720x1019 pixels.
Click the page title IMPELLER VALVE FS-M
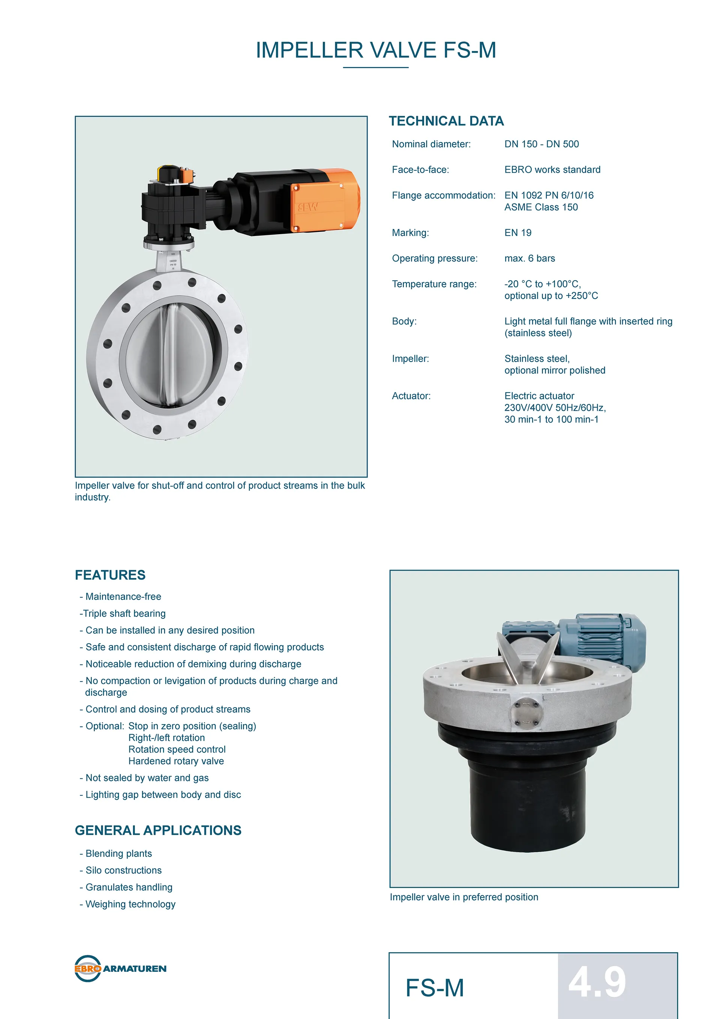pos(376,50)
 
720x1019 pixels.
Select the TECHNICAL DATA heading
pos(446,121)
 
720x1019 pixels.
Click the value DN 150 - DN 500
pos(541,144)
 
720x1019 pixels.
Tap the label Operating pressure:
pos(434,258)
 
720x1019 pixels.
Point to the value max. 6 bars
pos(529,258)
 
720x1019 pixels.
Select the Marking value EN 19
pos(517,233)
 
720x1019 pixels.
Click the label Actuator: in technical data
pos(411,396)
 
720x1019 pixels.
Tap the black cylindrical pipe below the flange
pos(520,799)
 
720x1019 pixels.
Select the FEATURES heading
pos(110,575)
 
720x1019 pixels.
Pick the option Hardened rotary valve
pos(176,761)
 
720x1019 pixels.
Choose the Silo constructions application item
pos(123,870)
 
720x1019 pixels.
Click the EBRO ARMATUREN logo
pos(120,968)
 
